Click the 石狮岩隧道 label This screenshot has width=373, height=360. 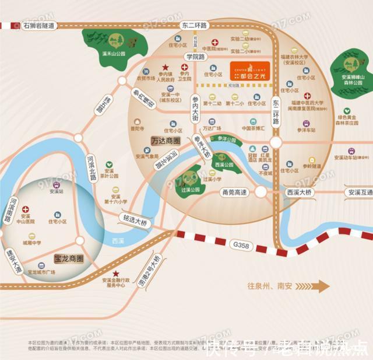point(38,26)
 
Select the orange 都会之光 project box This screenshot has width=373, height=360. point(249,71)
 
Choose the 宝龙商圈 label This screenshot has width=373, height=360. point(69,258)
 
